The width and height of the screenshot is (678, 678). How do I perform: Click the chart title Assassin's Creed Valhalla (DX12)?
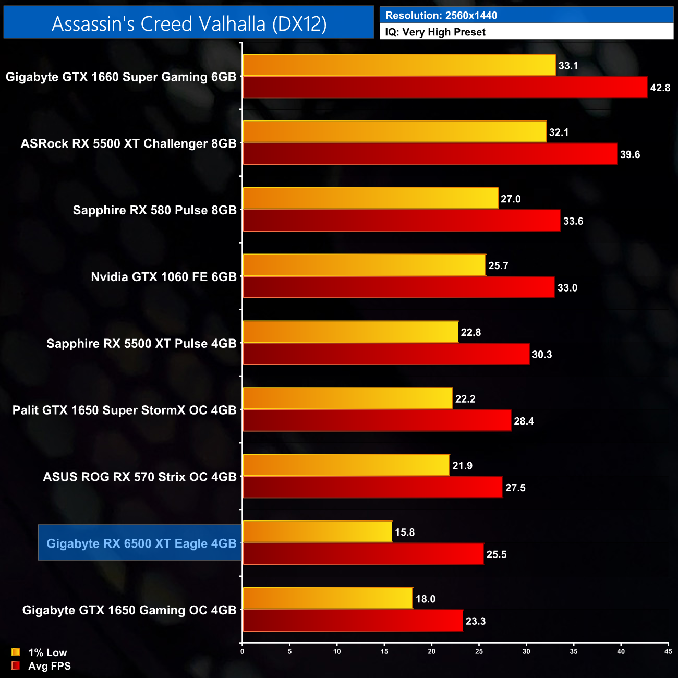click(189, 23)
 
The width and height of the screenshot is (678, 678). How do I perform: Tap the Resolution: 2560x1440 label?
click(441, 15)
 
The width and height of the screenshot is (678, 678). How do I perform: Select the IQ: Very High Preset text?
click(435, 32)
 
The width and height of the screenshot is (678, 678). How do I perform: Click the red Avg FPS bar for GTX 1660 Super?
click(445, 87)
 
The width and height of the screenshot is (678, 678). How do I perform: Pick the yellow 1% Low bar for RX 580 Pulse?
click(370, 198)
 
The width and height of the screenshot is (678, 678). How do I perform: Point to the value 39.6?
click(629, 154)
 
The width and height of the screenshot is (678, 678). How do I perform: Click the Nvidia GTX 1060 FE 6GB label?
click(164, 276)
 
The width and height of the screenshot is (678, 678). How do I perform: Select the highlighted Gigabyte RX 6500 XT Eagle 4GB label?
click(141, 543)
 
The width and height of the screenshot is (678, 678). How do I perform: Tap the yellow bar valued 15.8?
click(317, 531)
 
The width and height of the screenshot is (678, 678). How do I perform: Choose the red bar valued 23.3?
click(353, 621)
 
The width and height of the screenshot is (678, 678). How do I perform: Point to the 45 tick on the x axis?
click(668, 651)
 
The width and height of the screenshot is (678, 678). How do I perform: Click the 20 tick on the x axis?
click(431, 651)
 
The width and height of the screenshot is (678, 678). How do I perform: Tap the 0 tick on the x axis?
click(242, 651)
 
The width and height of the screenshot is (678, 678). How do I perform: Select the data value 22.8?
click(470, 332)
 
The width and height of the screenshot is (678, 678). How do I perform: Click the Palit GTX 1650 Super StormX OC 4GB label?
click(124, 410)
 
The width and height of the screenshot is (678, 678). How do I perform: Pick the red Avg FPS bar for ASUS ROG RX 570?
click(372, 487)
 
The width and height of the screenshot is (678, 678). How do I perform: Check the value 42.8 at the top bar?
click(660, 88)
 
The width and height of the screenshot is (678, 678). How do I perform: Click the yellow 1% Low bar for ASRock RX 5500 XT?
click(394, 131)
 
